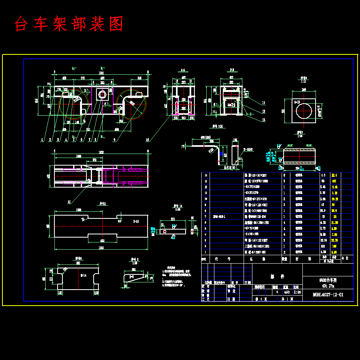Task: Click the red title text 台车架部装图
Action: click(x=69, y=24)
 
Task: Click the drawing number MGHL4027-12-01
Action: click(x=328, y=295)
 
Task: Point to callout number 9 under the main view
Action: click(x=115, y=140)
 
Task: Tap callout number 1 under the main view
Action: click(x=42, y=140)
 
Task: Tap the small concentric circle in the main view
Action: click(x=102, y=94)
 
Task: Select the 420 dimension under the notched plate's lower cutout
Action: click(x=102, y=241)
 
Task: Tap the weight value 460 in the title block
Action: click(x=286, y=292)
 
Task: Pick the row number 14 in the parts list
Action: click(x=206, y=175)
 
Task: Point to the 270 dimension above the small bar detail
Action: click(x=173, y=219)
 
